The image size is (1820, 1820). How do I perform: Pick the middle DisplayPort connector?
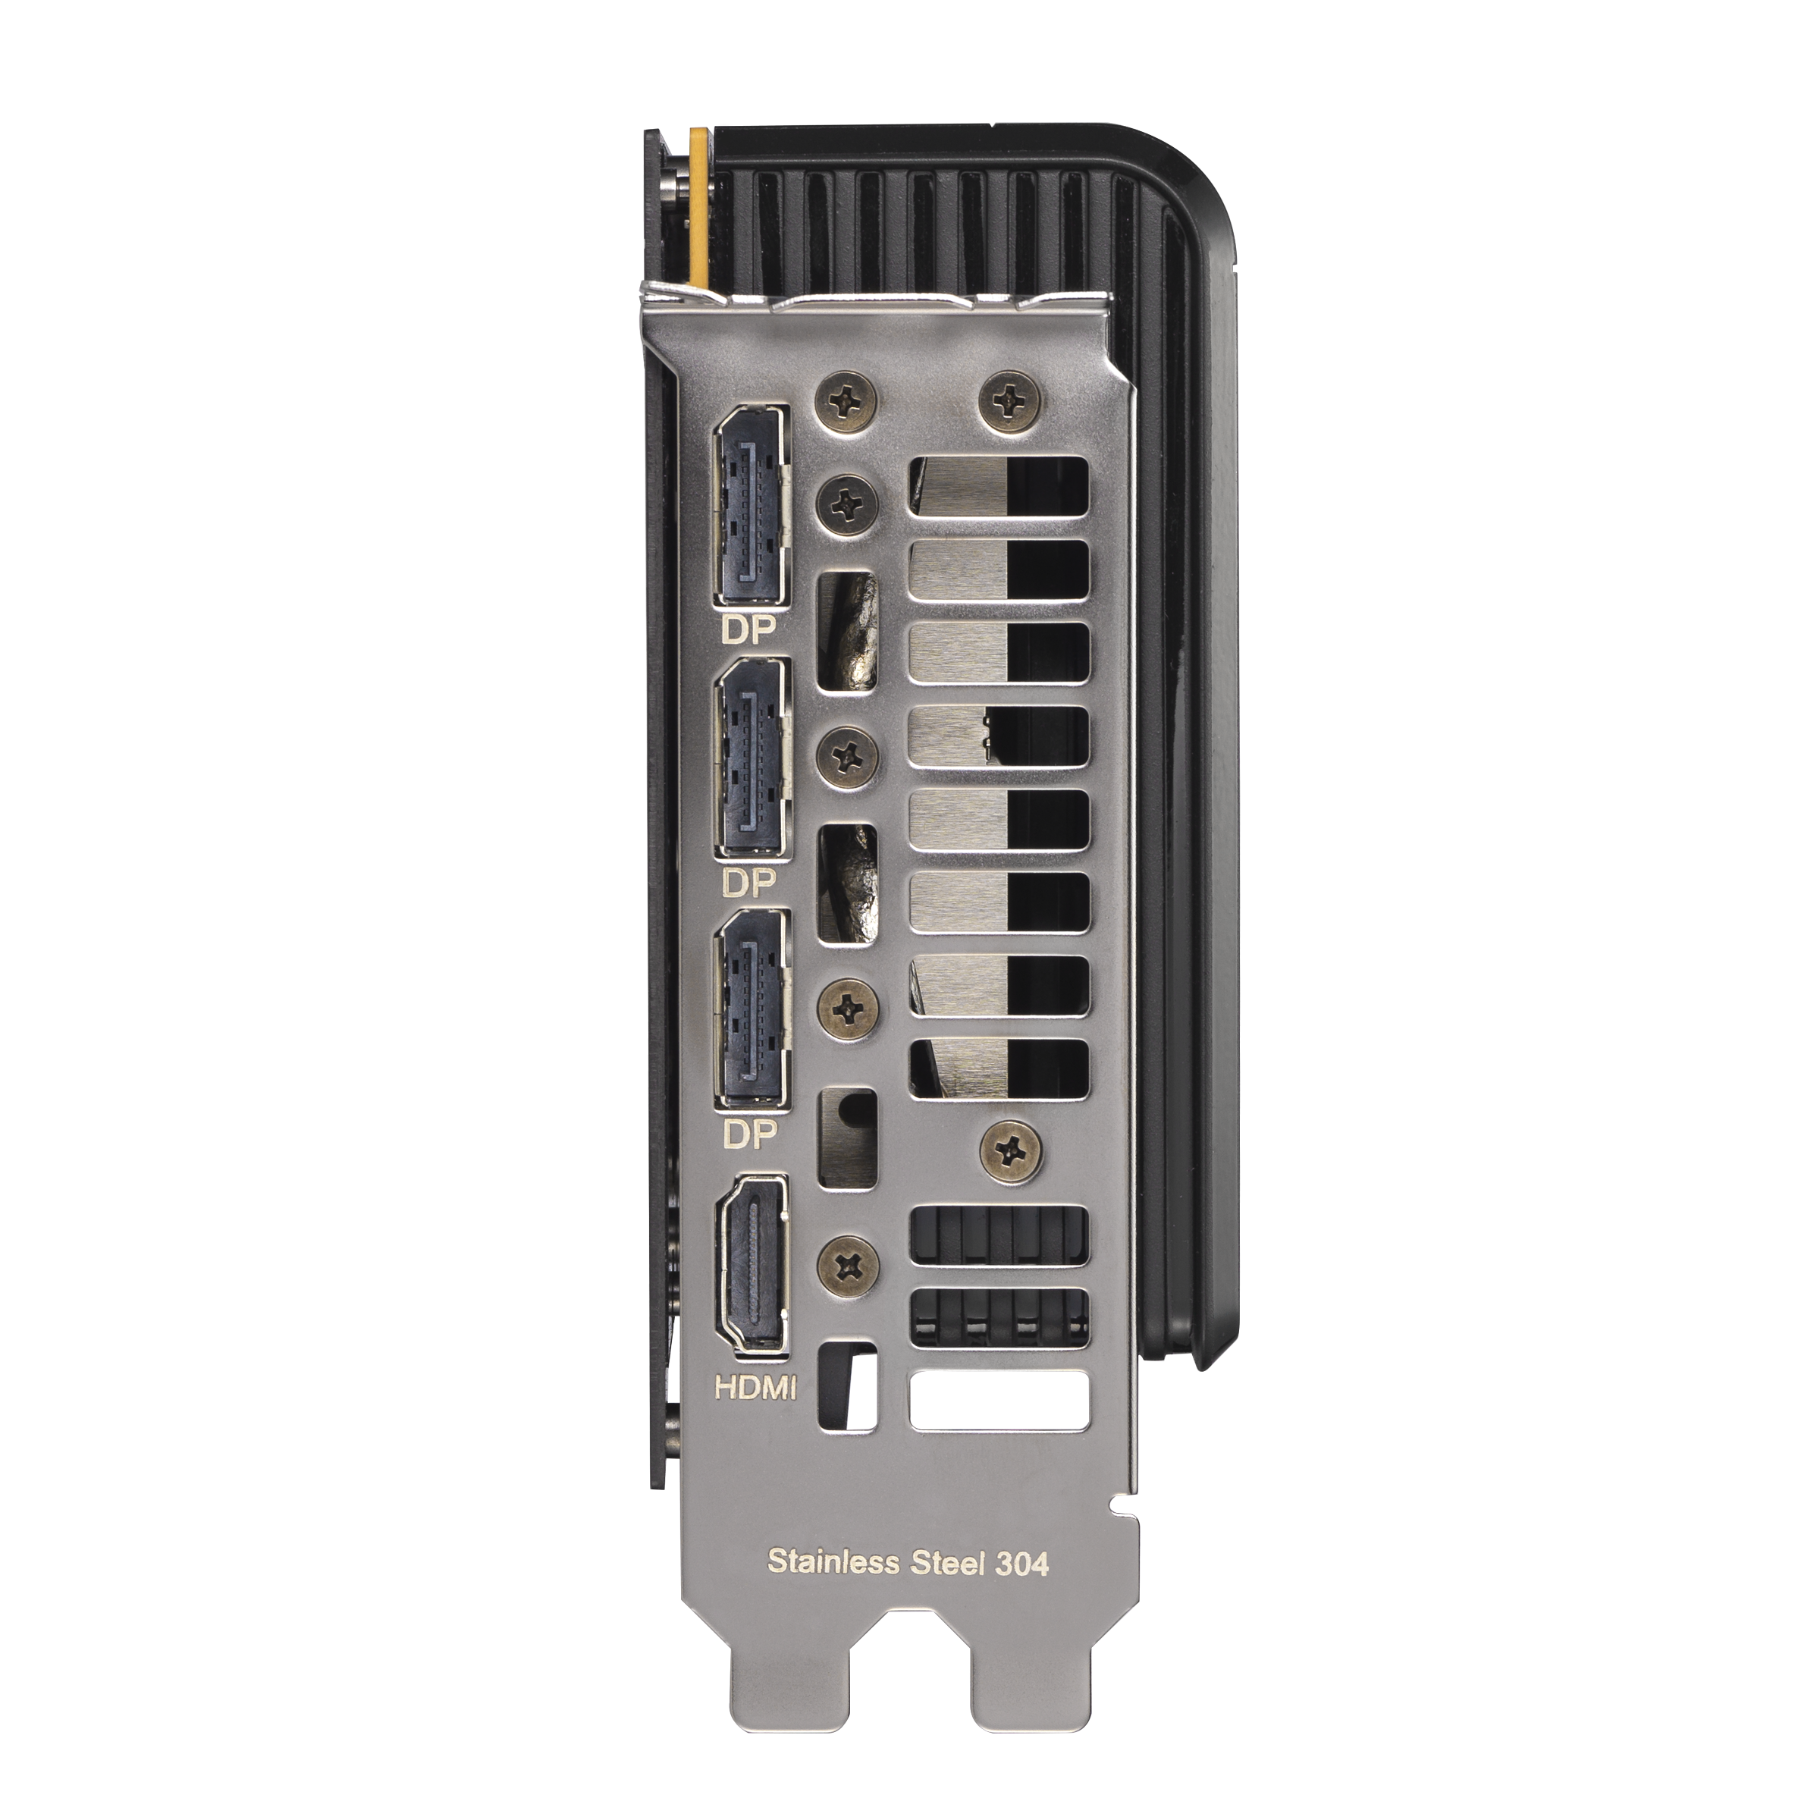[x=752, y=758]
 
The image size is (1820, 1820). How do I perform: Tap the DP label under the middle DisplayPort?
[x=749, y=883]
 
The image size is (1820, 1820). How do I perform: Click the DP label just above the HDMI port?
[x=749, y=1136]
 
